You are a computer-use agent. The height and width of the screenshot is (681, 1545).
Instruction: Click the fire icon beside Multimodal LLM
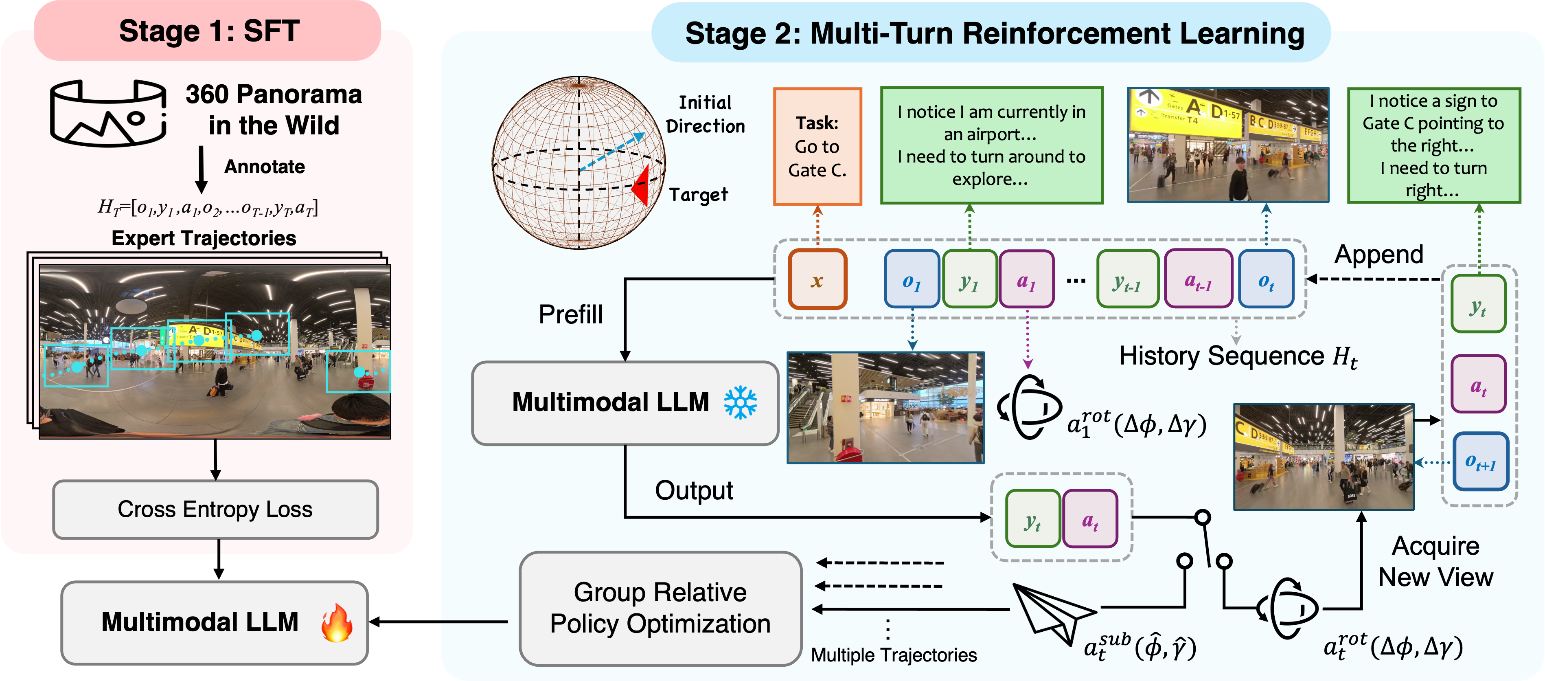(x=336, y=623)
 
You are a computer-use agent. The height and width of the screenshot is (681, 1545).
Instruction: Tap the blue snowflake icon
(x=740, y=402)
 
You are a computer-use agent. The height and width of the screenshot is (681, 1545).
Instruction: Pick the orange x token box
(x=817, y=279)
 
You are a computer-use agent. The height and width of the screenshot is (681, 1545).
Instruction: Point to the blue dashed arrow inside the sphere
(x=612, y=152)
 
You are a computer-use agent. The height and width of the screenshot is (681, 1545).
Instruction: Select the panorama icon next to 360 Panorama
(x=108, y=113)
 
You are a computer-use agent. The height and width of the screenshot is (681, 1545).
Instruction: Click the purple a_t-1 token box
(x=1198, y=279)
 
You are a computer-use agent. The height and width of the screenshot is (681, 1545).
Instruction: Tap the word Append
(x=1378, y=255)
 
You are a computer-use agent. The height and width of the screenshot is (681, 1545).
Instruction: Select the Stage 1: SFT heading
(x=209, y=31)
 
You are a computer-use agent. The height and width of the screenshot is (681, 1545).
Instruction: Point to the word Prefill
(x=570, y=314)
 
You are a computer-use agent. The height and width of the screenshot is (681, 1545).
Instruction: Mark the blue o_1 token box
(x=911, y=279)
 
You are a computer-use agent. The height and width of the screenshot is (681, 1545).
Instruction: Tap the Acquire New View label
(x=1435, y=562)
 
